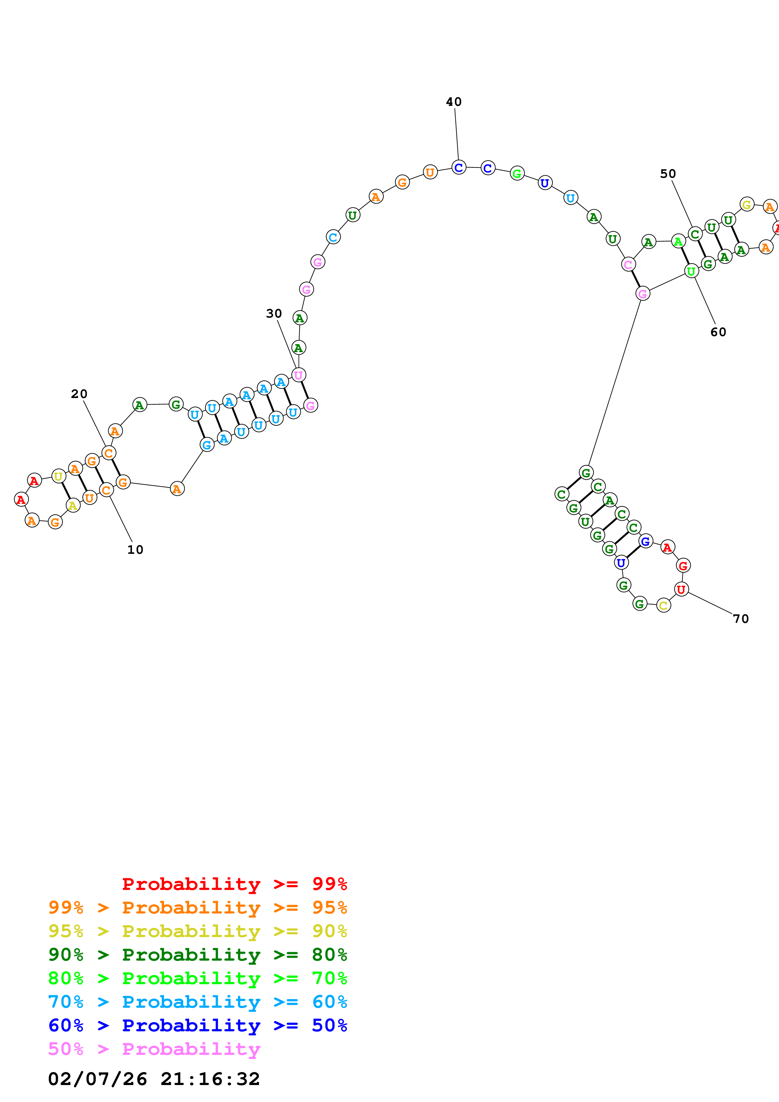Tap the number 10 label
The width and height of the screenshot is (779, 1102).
[x=135, y=549]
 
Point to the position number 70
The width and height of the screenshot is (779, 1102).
[x=741, y=619]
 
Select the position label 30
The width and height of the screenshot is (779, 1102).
[x=274, y=314]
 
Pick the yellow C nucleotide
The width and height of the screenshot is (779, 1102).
[x=663, y=605]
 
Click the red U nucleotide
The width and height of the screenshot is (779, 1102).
[x=681, y=589]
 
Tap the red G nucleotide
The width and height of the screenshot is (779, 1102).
[x=683, y=565]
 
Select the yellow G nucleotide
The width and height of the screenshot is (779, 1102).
[x=746, y=205]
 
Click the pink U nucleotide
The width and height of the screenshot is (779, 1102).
[x=299, y=375]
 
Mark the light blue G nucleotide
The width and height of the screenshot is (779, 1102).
[x=207, y=445]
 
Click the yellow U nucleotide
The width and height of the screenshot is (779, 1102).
[x=58, y=476]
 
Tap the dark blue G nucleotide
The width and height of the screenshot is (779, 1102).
[x=646, y=541]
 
